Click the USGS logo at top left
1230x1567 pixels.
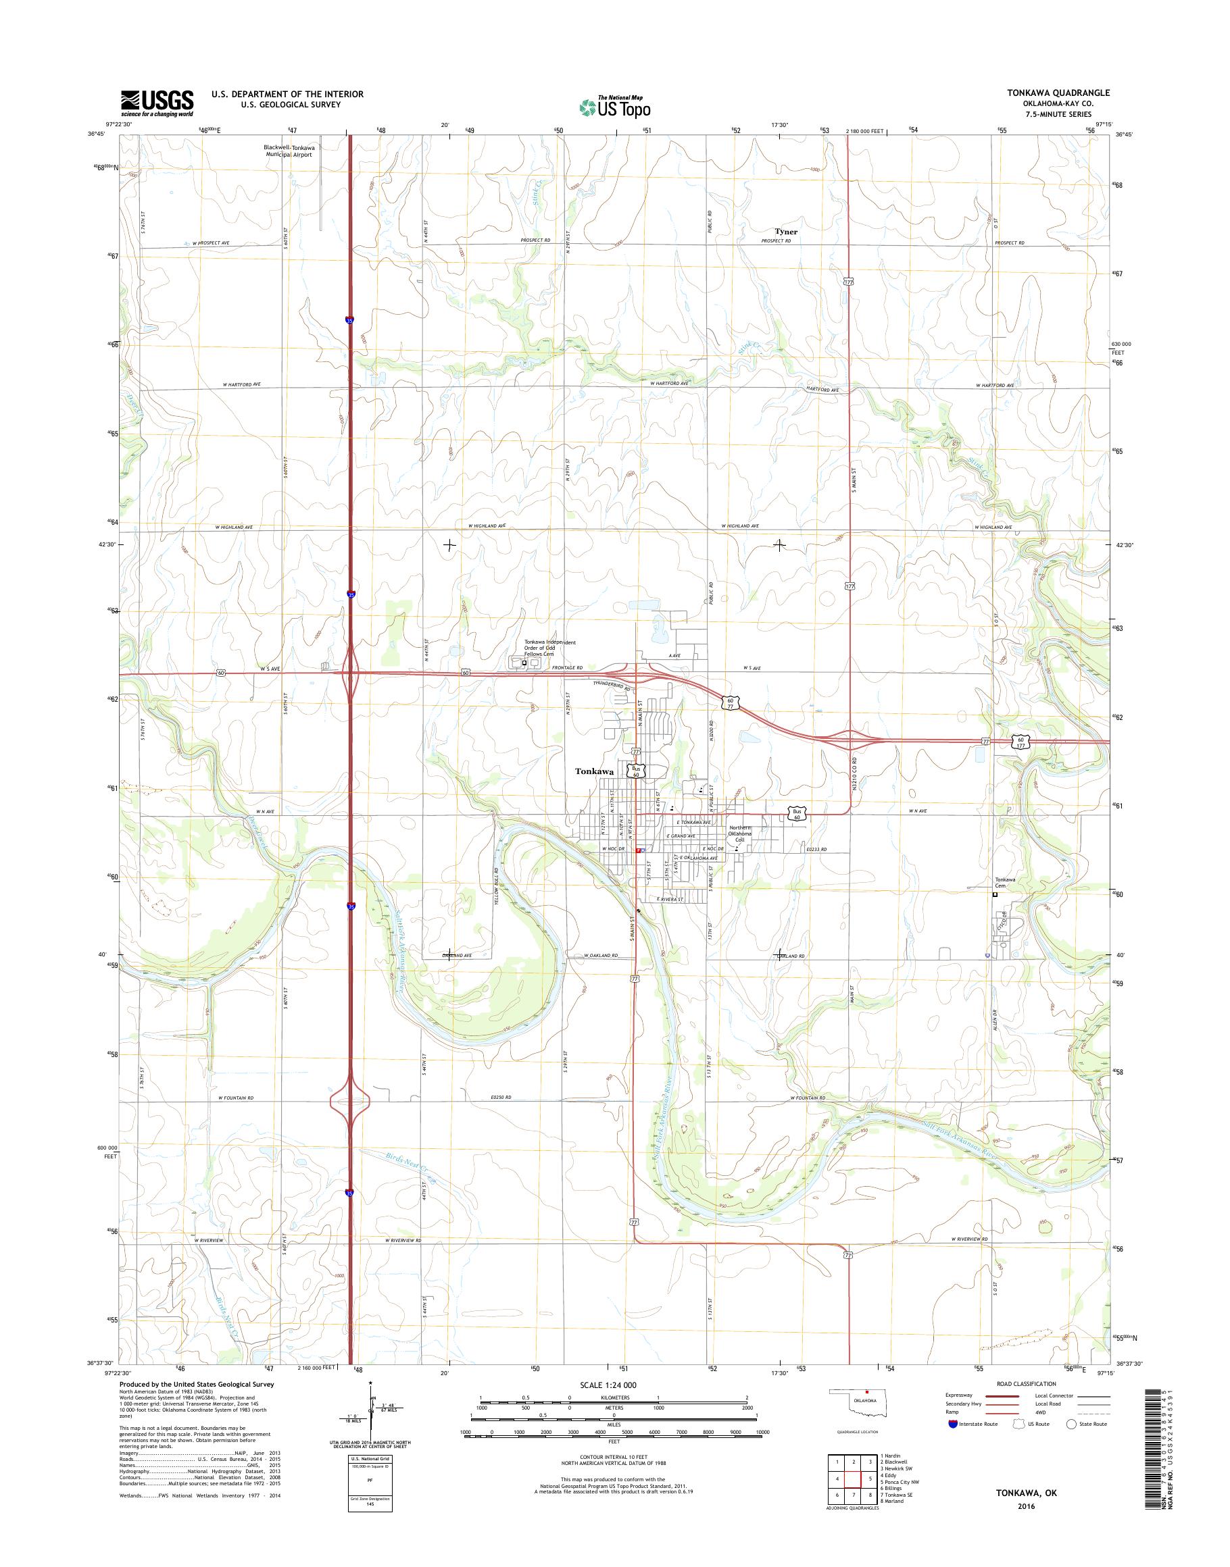tap(157, 103)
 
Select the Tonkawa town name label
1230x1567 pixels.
tap(594, 771)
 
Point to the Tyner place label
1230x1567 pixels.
tap(786, 232)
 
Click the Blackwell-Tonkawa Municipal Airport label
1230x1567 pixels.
tap(289, 151)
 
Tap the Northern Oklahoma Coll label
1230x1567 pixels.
tap(745, 833)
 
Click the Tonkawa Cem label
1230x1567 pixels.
tap(1004, 883)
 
